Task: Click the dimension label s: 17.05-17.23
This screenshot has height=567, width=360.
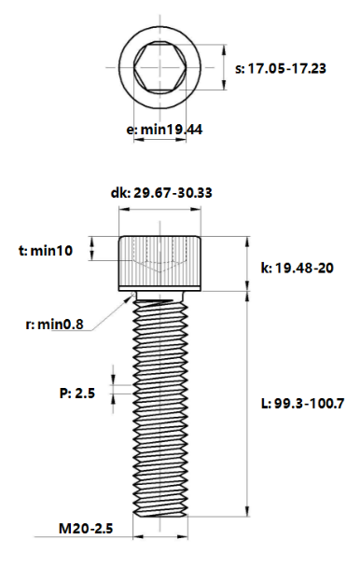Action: [280, 69]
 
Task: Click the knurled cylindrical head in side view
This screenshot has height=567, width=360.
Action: [161, 261]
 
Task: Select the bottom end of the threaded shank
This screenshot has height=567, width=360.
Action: [161, 511]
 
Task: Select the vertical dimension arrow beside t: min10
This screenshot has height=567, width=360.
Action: [92, 249]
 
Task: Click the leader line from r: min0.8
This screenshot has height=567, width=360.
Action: [107, 313]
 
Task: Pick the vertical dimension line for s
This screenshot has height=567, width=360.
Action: [224, 69]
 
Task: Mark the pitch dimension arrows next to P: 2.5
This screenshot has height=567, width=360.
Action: [115, 393]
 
